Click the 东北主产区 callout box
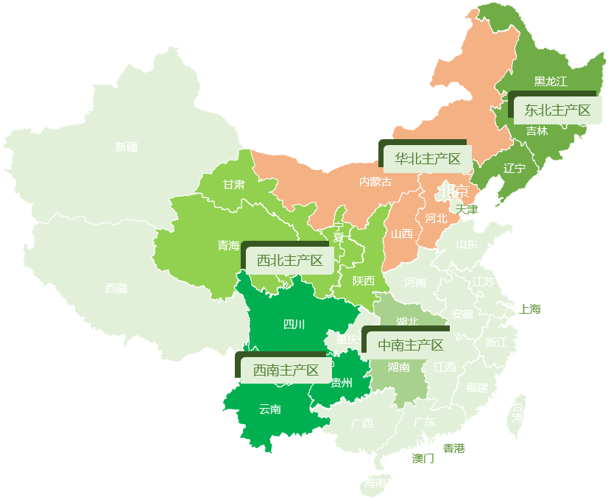(x=557, y=110)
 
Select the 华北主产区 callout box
(x=428, y=158)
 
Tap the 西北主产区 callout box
(x=289, y=261)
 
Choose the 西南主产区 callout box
(x=286, y=370)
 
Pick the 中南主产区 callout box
(x=411, y=345)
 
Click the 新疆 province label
(x=127, y=147)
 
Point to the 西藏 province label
(x=116, y=289)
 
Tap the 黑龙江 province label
(x=551, y=82)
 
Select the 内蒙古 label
(x=375, y=182)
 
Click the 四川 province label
(x=294, y=324)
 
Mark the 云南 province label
(x=270, y=409)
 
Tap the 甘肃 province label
(x=234, y=185)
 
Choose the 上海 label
(x=530, y=309)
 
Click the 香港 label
(x=454, y=448)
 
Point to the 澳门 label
(x=423, y=459)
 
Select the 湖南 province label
(x=398, y=367)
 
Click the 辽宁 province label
(x=515, y=169)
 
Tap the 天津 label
(x=467, y=210)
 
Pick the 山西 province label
(x=402, y=234)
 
